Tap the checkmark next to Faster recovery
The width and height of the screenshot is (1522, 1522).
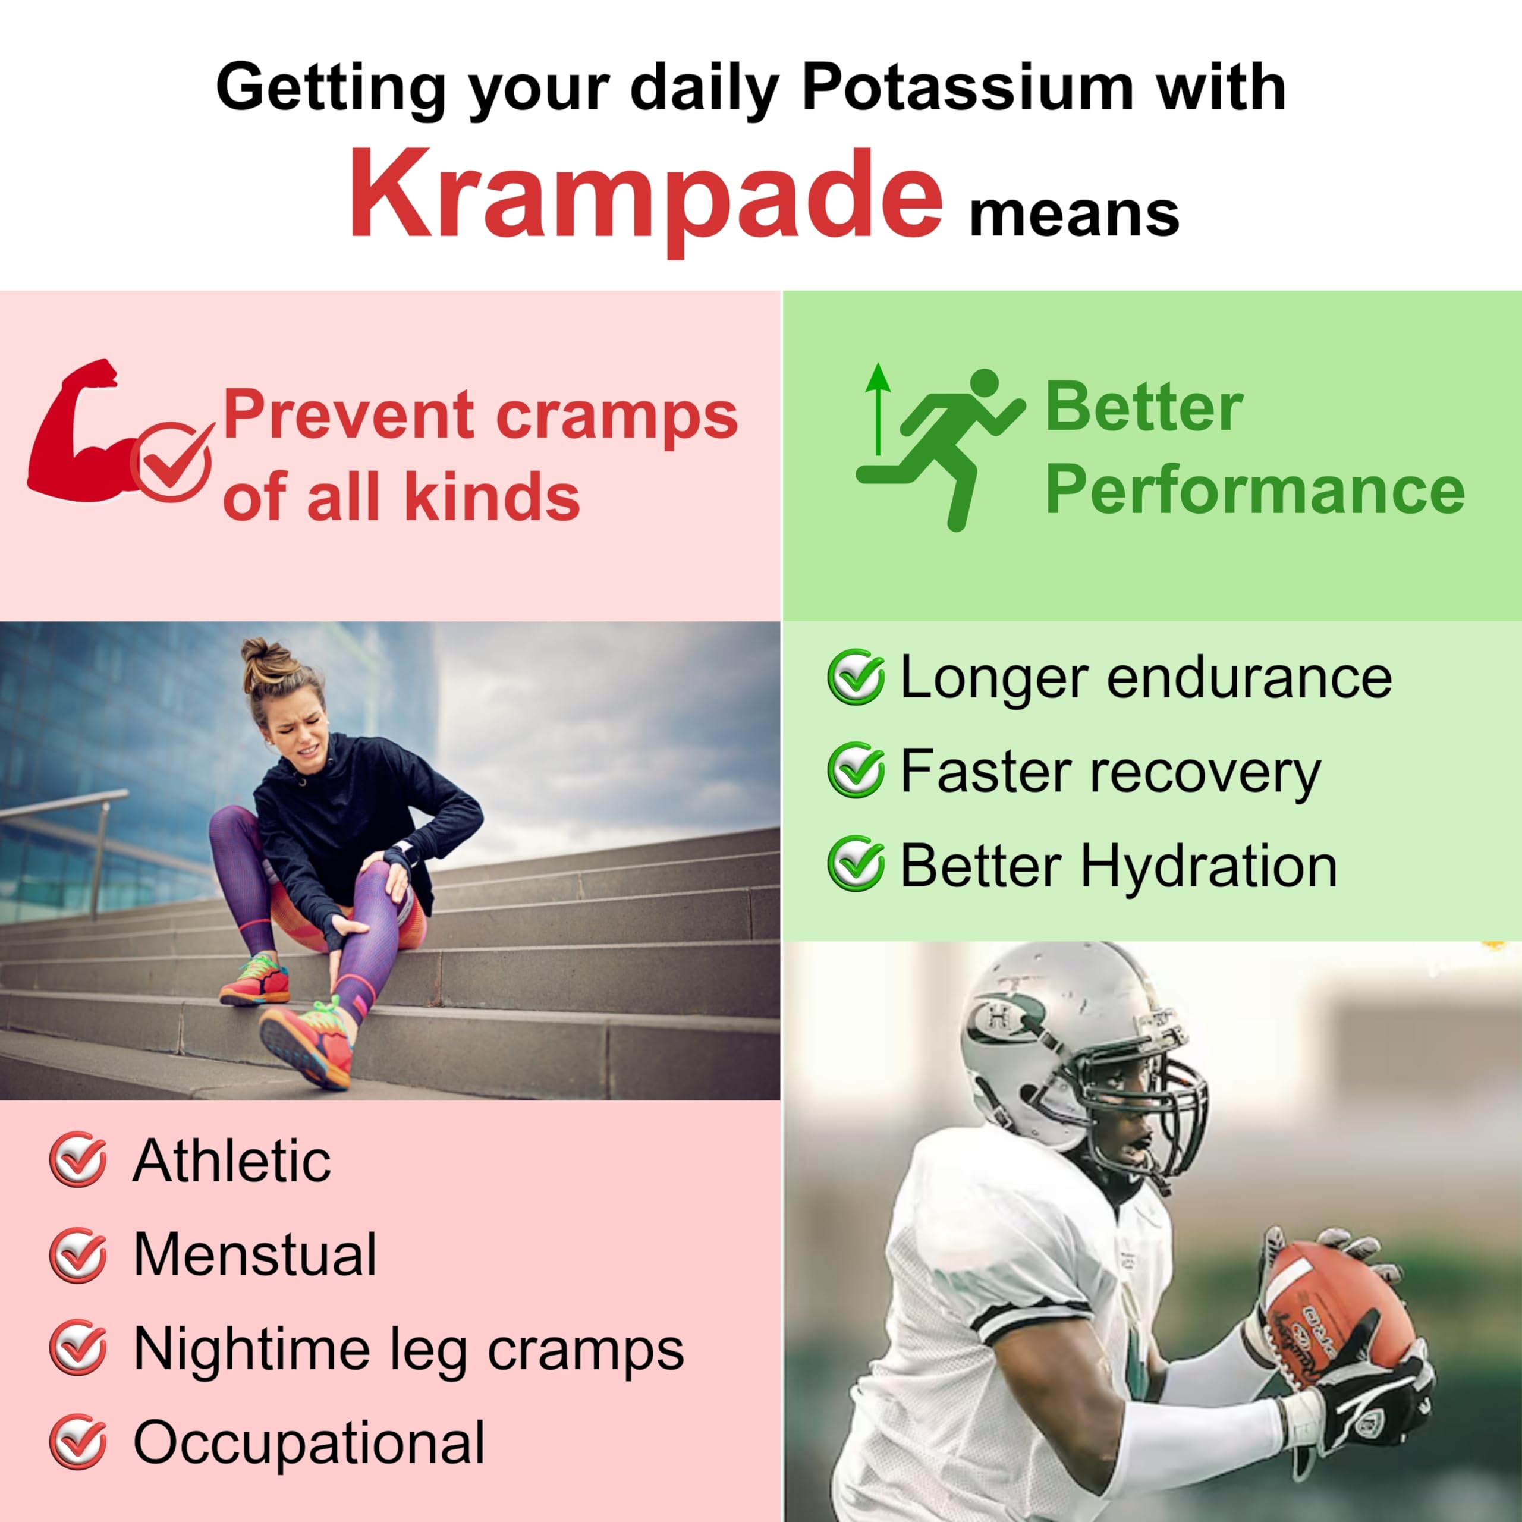855,770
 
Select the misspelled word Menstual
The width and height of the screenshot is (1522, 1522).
254,1253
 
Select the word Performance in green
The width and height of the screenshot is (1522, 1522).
1254,490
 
